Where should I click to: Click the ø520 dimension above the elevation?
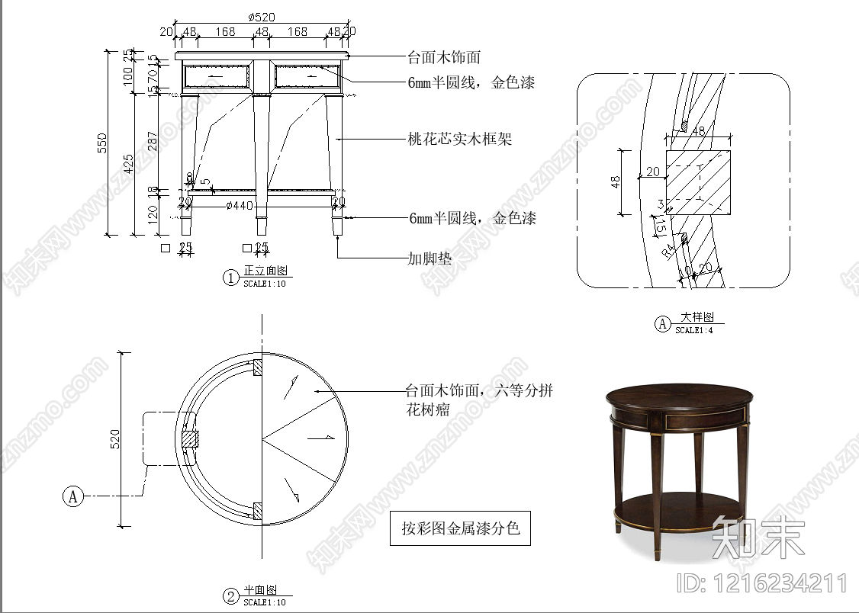tap(262, 17)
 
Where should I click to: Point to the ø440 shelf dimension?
tap(240, 205)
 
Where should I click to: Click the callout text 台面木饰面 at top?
tap(444, 57)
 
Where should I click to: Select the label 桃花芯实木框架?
tap(459, 140)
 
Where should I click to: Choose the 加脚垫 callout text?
tap(429, 258)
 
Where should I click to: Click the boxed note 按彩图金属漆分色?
tap(461, 528)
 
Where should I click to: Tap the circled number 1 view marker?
tap(230, 278)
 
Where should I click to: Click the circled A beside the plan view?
tap(73, 496)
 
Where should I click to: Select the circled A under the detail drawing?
tap(662, 324)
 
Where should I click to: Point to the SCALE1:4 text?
tap(694, 331)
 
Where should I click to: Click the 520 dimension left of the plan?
tap(116, 439)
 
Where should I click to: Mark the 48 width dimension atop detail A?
tap(698, 131)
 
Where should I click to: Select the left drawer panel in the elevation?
tap(217, 77)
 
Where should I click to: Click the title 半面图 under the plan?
tap(259, 591)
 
